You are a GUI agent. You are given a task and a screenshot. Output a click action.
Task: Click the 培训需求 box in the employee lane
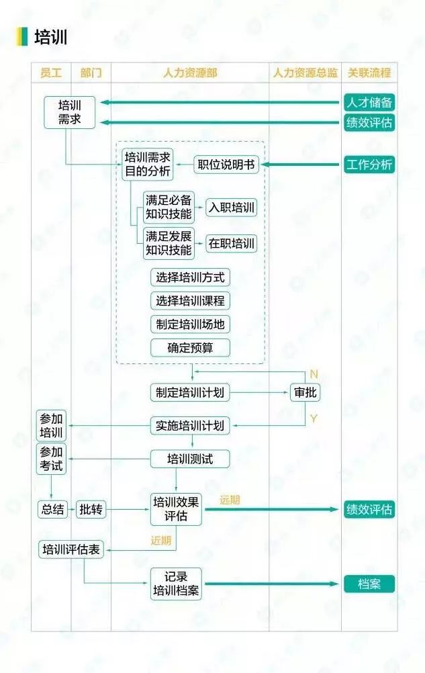click(x=69, y=112)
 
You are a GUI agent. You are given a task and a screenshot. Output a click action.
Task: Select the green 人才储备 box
click(x=369, y=103)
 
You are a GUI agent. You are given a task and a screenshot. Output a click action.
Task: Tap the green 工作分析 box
click(x=369, y=165)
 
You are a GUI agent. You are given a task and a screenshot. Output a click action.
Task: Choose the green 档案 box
click(x=369, y=584)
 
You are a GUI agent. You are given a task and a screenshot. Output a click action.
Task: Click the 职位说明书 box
click(x=226, y=165)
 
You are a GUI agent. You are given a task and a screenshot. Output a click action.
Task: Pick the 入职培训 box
click(x=232, y=208)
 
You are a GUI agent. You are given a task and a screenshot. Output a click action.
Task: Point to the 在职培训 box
click(x=232, y=244)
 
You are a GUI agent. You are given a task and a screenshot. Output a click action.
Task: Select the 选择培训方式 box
click(x=190, y=277)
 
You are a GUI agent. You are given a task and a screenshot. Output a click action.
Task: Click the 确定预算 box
click(x=190, y=348)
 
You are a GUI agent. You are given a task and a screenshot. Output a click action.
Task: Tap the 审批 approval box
click(x=305, y=392)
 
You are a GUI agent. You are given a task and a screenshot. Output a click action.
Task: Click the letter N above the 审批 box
click(x=314, y=374)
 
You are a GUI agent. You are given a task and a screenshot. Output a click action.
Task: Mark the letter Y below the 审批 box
click(x=314, y=418)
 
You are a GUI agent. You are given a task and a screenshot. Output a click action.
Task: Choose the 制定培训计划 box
click(x=190, y=392)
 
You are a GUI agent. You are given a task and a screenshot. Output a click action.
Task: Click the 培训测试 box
click(x=190, y=459)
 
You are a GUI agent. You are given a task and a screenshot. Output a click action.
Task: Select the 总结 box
click(x=52, y=510)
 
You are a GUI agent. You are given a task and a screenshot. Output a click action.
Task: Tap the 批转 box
click(x=91, y=510)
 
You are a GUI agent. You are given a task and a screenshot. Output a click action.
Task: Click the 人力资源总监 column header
click(x=305, y=73)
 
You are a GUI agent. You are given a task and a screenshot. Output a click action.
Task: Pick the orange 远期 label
click(x=230, y=500)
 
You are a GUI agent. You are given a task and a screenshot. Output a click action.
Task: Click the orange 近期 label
click(x=161, y=541)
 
